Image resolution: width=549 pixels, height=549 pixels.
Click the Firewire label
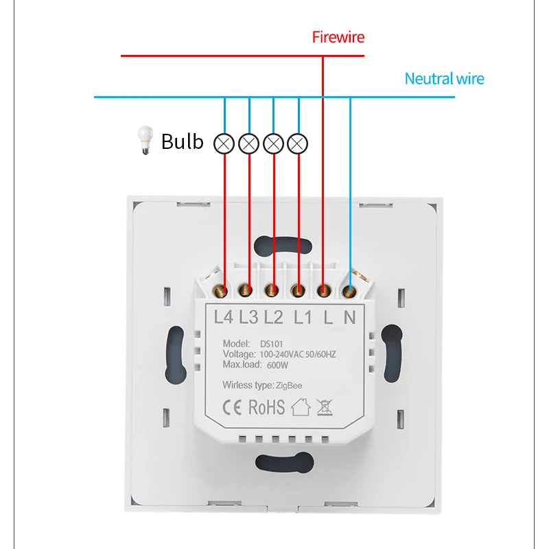coord(338,37)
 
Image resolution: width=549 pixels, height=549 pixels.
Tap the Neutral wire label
coord(444,79)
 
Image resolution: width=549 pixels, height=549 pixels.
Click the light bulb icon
coord(144,141)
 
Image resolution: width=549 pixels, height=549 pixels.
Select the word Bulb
coord(183,141)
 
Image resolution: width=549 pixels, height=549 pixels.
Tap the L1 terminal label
coord(303,317)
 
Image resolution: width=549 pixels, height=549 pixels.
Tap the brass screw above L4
coord(223,291)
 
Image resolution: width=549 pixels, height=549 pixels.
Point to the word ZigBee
coord(290,386)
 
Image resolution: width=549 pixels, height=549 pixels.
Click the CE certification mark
coord(233,407)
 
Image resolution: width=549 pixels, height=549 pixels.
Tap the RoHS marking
coord(266,407)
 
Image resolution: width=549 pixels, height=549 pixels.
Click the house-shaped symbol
coord(301,408)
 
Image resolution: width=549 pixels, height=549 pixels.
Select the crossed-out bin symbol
coord(325,408)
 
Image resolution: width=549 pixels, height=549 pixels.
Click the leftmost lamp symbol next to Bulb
coord(224,143)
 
